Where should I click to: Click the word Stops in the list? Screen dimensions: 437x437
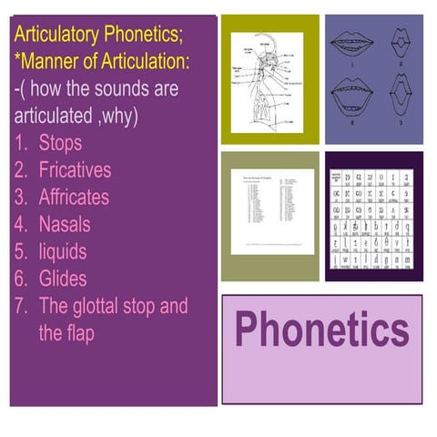tap(60, 143)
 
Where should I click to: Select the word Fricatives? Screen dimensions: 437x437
tap(75, 170)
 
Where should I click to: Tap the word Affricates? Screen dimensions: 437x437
tap(74, 197)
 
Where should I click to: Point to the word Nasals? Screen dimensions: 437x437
tap(64, 224)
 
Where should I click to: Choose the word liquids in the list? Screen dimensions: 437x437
tap(62, 250)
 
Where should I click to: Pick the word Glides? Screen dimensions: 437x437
tap(62, 278)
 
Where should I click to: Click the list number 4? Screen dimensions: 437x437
tap(21, 224)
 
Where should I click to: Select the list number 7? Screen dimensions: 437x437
tap(21, 305)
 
